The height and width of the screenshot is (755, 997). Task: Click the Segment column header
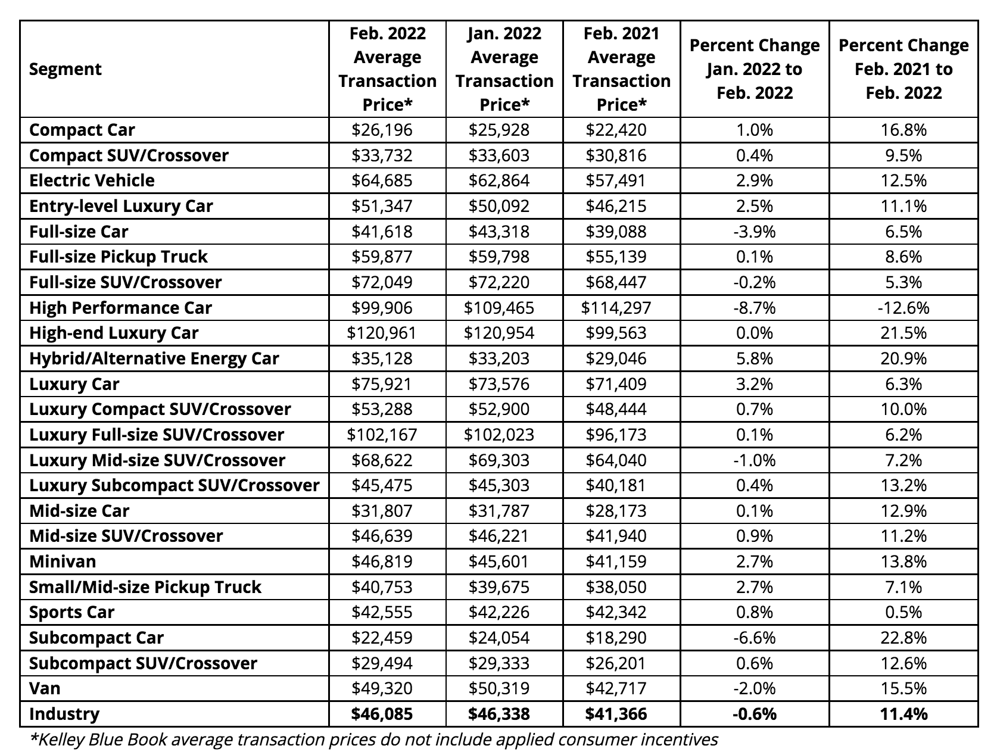tap(66, 69)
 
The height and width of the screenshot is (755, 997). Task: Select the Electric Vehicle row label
tap(92, 180)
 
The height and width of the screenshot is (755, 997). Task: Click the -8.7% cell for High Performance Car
tap(754, 308)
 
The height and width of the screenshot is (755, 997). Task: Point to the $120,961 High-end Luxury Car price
tap(382, 333)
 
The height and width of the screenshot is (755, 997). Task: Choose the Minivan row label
tap(63, 561)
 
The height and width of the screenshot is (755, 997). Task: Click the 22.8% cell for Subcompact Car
tap(903, 638)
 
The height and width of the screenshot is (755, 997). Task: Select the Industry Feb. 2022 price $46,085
tap(382, 714)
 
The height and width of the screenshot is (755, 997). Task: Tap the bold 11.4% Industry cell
tap(903, 714)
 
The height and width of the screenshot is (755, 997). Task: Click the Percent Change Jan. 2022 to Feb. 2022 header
tap(754, 69)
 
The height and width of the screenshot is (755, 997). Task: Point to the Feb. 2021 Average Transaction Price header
tap(621, 69)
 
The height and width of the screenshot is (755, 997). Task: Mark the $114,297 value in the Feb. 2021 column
tap(616, 308)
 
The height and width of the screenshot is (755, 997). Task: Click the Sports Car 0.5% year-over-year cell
tap(903, 612)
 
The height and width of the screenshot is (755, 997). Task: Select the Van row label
tap(45, 688)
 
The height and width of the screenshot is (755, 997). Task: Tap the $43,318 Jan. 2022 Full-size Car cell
tap(499, 232)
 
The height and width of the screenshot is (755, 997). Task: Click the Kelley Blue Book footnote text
tap(374, 740)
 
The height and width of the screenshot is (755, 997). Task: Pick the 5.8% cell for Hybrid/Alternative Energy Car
tap(754, 358)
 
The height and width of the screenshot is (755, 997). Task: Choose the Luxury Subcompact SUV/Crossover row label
tap(175, 485)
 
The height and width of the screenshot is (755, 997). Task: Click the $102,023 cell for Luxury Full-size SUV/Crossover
tap(499, 435)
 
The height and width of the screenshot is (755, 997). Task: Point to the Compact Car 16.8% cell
tap(903, 130)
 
